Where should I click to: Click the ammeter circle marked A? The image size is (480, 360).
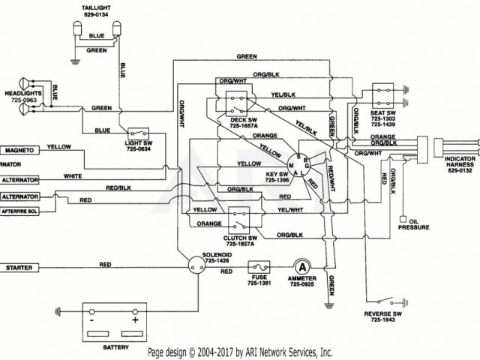click(x=301, y=266)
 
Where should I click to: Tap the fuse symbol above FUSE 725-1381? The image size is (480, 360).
click(x=259, y=266)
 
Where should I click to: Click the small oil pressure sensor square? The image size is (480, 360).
click(x=403, y=220)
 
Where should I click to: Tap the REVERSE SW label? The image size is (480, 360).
click(x=383, y=315)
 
